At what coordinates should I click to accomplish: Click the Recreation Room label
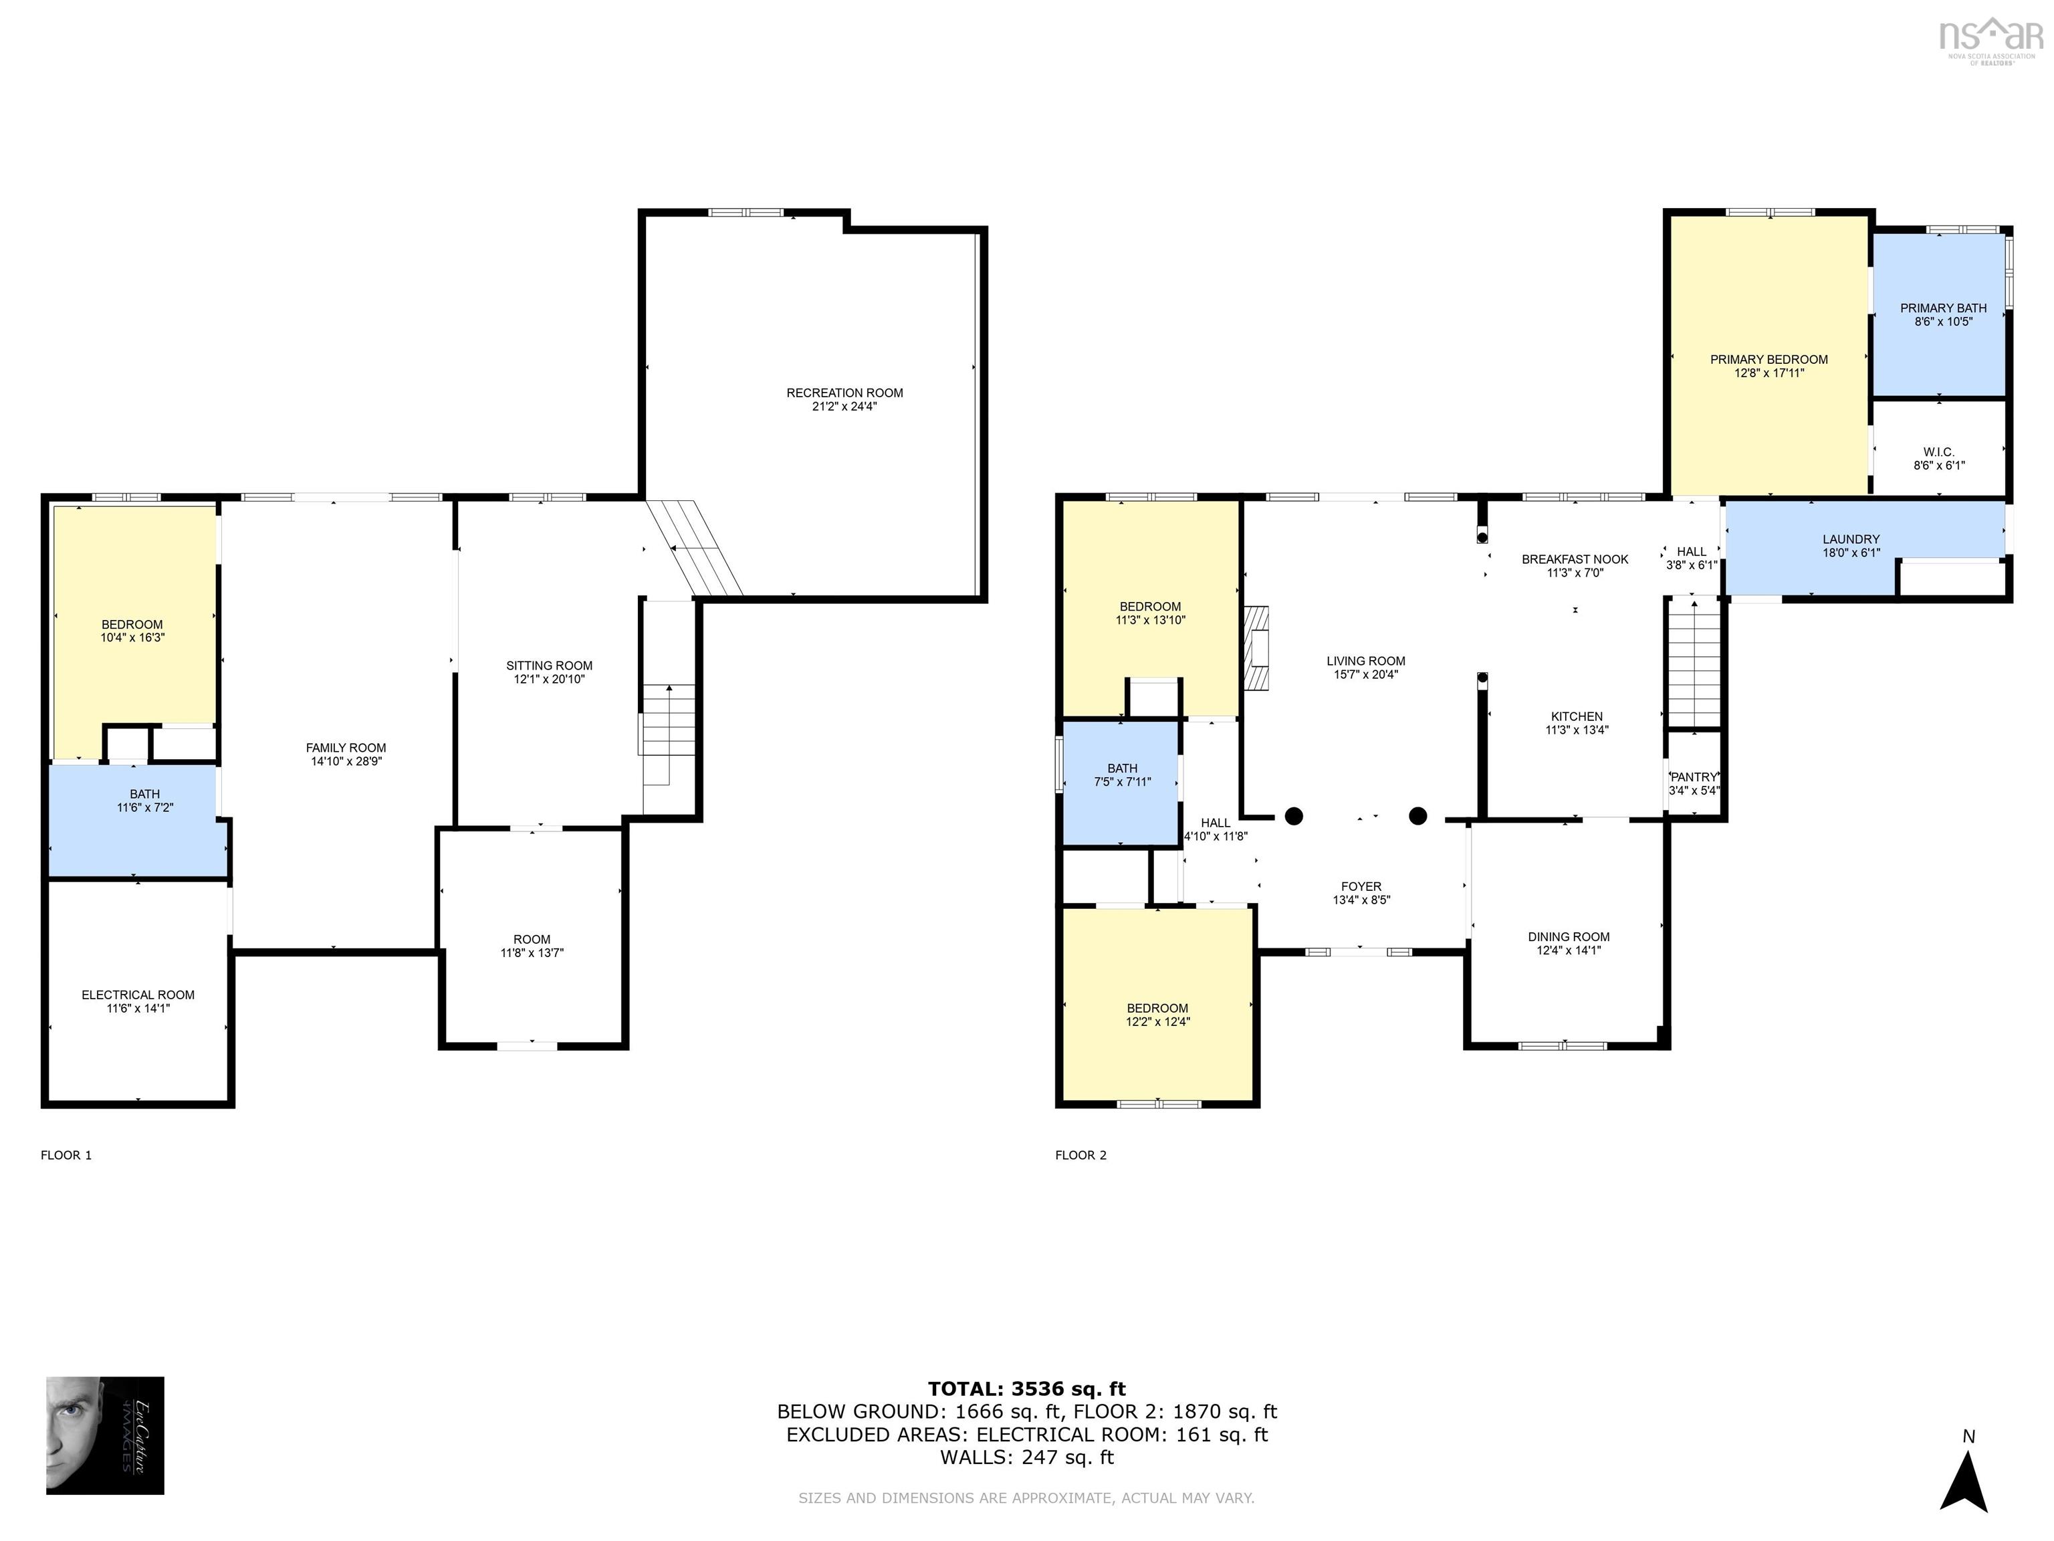[844, 393]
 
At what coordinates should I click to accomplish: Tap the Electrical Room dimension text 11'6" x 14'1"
[138, 1009]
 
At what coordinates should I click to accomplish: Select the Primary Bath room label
[1942, 308]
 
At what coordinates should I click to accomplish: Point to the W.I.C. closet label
[1939, 452]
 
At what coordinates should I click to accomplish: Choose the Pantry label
[1694, 777]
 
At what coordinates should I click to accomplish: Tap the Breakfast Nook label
[1575, 559]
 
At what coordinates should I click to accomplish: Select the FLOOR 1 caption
[66, 1156]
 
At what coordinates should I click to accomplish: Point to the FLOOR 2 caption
[1081, 1156]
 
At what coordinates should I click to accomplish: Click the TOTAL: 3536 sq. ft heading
[1027, 1389]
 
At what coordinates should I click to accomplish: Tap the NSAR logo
[1991, 38]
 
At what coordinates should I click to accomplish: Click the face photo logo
[105, 1435]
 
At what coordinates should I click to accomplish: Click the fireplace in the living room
[1256, 648]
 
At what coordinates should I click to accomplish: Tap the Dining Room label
[1569, 937]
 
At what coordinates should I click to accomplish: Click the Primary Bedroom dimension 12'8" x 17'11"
[1769, 373]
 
